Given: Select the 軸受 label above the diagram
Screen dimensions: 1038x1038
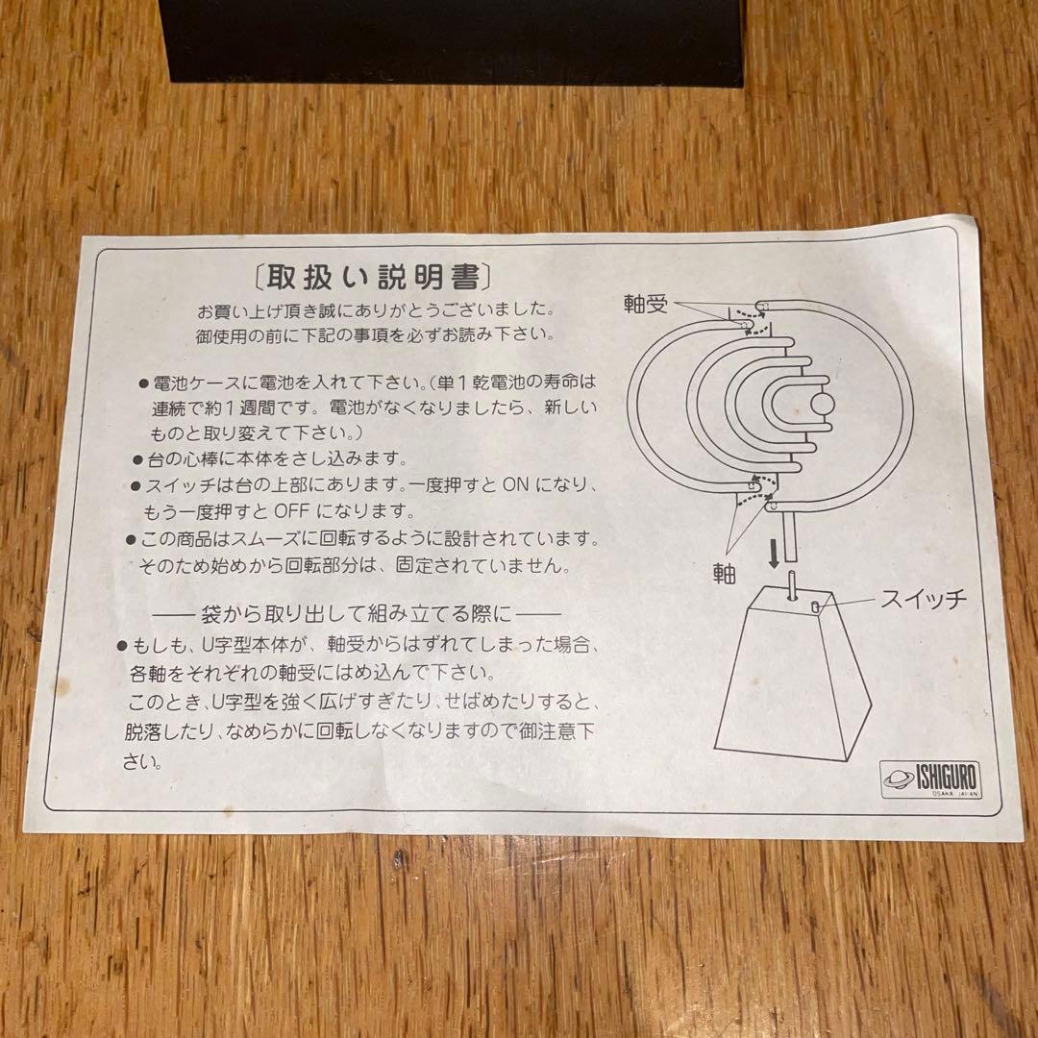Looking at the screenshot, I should [647, 305].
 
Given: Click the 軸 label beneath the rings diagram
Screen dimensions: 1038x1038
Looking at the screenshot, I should [725, 574].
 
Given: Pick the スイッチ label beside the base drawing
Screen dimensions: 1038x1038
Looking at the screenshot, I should [924, 600].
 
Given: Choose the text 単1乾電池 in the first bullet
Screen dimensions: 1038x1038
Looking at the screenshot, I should [486, 383].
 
